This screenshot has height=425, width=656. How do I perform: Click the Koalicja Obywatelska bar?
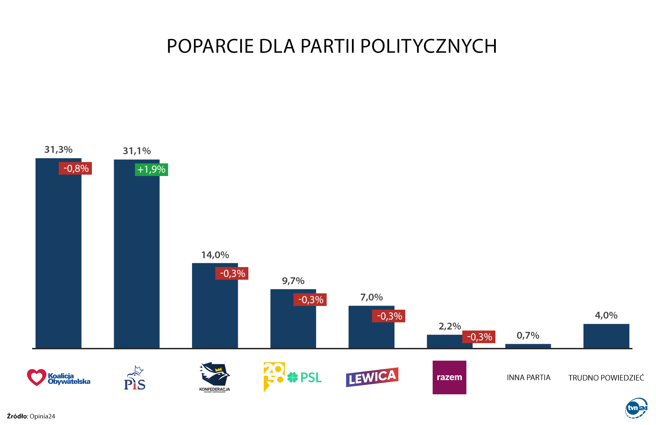coord(58,259)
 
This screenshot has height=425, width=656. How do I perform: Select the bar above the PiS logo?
coord(137,259)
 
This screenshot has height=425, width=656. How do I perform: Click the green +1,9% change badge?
coord(151,170)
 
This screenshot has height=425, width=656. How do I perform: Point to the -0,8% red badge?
coord(76,168)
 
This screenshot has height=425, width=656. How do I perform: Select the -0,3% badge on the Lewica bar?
coord(389,316)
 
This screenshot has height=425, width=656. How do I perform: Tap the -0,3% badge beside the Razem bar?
coord(479,337)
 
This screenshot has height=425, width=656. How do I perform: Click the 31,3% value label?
coord(58,150)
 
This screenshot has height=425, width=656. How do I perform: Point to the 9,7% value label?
coord(293,281)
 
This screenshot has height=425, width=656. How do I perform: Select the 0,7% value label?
coord(528,336)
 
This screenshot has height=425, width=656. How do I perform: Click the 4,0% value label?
coord(606,316)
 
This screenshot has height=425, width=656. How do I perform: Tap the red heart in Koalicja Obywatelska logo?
coord(37,377)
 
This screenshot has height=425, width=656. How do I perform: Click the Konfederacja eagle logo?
coord(215,375)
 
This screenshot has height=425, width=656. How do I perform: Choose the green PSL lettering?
coord(311,378)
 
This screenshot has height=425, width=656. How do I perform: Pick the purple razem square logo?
coord(449,377)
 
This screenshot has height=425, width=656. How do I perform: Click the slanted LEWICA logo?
coord(372,377)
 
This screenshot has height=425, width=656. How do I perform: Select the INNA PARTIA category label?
coord(529,378)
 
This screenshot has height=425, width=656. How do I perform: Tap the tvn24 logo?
coord(636,408)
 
